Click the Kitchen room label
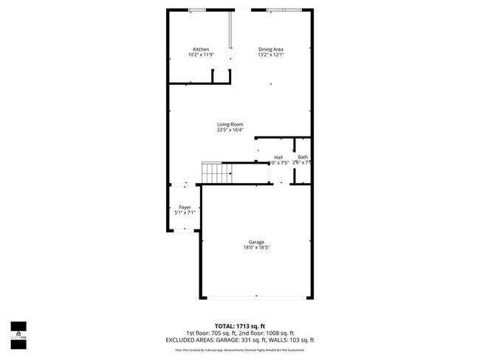pyautogui.click(x=201, y=49)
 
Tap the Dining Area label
pyautogui.click(x=271, y=49)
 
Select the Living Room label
pyautogui.click(x=230, y=125)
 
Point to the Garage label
pyautogui.click(x=256, y=242)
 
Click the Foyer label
pyautogui.click(x=185, y=207)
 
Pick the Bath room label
pyautogui.click(x=303, y=157)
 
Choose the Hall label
pyautogui.click(x=278, y=157)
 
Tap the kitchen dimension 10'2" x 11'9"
pyautogui.click(x=201, y=55)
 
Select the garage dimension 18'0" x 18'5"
pyautogui.click(x=256, y=248)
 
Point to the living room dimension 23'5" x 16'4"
pyautogui.click(x=230, y=131)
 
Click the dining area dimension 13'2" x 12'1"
pyautogui.click(x=271, y=55)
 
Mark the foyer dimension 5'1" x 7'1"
pyautogui.click(x=185, y=213)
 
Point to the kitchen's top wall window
pyautogui.click(x=197, y=10)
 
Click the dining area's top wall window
pyautogui.click(x=284, y=10)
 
